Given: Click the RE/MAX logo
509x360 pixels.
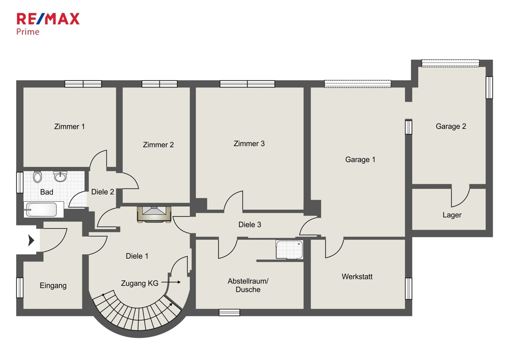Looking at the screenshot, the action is point(48,19).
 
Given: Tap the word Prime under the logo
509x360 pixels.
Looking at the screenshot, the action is point(27,32).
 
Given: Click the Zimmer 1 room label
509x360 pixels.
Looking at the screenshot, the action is point(69,126).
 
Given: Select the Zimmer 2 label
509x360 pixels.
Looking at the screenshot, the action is point(158,145).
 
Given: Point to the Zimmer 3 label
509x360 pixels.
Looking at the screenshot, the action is point(249,144).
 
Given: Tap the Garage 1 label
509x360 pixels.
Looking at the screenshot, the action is point(360,160).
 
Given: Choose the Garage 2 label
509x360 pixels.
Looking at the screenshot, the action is point(451,126).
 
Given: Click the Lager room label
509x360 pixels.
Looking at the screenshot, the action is point(452,215).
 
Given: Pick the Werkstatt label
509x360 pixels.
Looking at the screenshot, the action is point(357,277).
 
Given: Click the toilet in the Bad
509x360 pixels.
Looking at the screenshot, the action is point(37,177).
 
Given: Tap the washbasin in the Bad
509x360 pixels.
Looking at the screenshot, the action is point(60,176).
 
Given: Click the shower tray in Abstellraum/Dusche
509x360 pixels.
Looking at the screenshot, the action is point(289,249).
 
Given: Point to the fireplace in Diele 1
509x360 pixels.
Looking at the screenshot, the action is point(154,214).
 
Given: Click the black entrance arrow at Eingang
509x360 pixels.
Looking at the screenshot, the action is point(32,240).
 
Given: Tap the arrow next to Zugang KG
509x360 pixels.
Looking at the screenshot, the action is point(171,282).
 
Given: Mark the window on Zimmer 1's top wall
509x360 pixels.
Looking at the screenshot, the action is point(83,84).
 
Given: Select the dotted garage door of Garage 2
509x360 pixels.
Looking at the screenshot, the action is point(450,63).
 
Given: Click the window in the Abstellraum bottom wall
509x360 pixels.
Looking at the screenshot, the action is point(229,312).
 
